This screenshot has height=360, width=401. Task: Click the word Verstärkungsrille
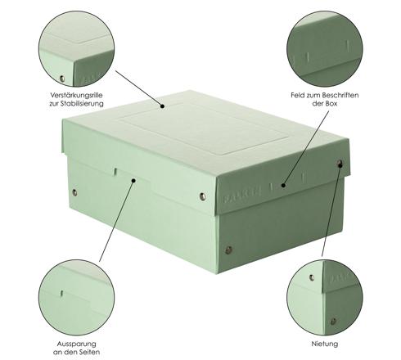coord(76,95)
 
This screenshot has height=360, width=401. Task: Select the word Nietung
coord(325,344)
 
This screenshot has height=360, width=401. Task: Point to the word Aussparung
coord(76,344)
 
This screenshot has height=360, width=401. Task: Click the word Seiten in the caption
coord(88,352)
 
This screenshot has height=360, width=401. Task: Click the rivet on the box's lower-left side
coord(74,192)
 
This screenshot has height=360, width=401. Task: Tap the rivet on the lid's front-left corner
coord(202,196)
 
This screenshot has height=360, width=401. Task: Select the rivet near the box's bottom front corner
coord(228,250)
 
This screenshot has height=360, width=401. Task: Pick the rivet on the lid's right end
coord(340,164)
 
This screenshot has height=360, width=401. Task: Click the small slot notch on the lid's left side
coord(115,172)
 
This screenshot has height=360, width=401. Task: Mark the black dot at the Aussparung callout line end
coord(133,180)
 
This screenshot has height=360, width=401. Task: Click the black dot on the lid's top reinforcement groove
coord(162,106)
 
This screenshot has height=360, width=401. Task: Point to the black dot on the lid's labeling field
coord(283,185)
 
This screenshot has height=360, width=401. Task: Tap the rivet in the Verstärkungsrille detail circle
coord(62,79)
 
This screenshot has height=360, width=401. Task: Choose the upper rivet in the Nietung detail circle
coord(312,277)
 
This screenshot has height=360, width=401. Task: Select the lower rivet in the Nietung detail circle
coord(333,322)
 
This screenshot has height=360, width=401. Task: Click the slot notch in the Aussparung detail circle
coord(61,293)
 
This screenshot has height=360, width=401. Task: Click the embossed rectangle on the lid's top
coord(204,128)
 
